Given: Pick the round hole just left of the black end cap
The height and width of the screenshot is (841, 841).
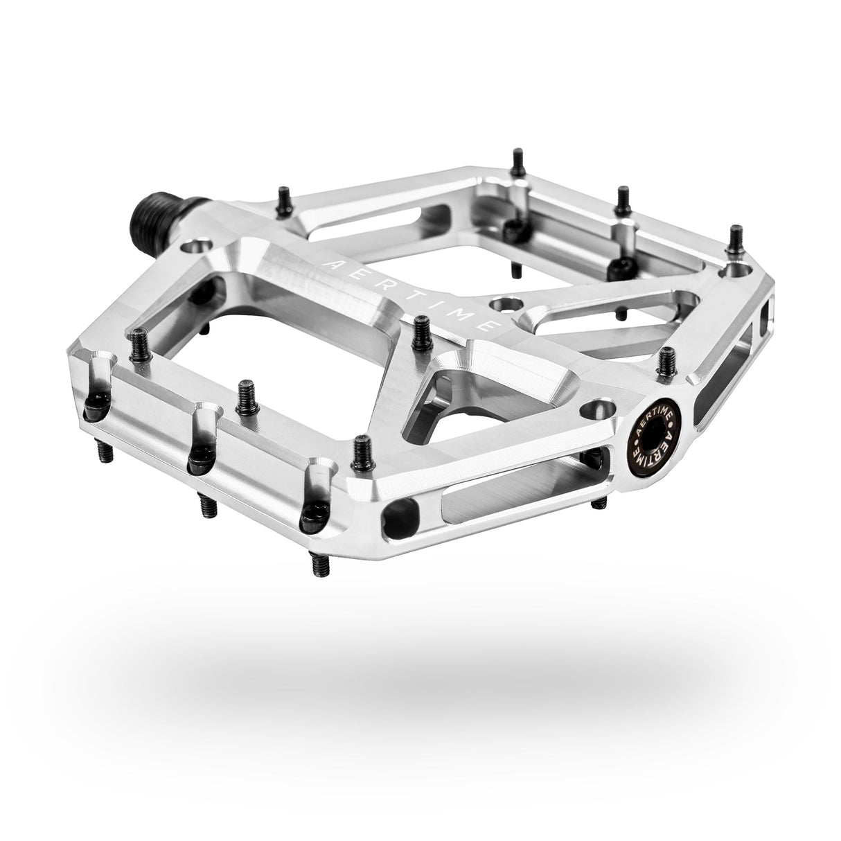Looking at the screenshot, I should click(598, 409).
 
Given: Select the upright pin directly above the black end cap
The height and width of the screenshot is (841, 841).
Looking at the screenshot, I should click(667, 361).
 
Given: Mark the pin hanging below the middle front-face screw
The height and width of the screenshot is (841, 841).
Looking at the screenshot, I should click(208, 505).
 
